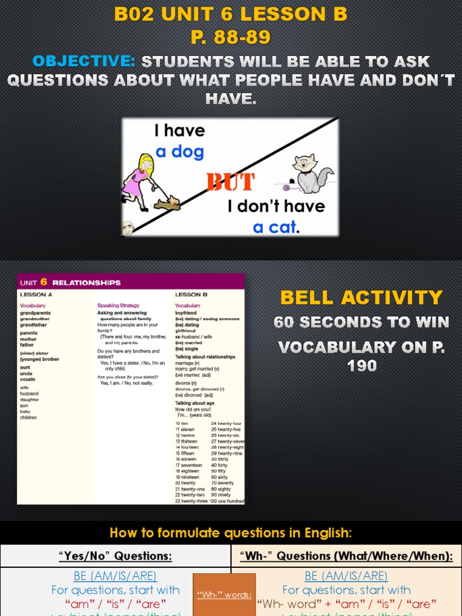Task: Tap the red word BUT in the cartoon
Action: [230, 182]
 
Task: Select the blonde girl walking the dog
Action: [140, 181]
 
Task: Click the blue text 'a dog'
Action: [180, 152]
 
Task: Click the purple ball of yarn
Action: [280, 186]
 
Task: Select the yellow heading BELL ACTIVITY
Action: [361, 297]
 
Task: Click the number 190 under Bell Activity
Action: [362, 365]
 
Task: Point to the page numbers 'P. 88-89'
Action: [230, 37]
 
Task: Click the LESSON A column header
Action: [36, 295]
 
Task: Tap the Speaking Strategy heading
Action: [118, 306]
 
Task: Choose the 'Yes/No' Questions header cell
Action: [115, 556]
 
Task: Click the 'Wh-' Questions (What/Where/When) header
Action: [346, 556]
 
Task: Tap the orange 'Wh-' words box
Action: [224, 595]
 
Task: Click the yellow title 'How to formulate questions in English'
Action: [230, 532]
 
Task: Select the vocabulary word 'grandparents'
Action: [35, 313]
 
